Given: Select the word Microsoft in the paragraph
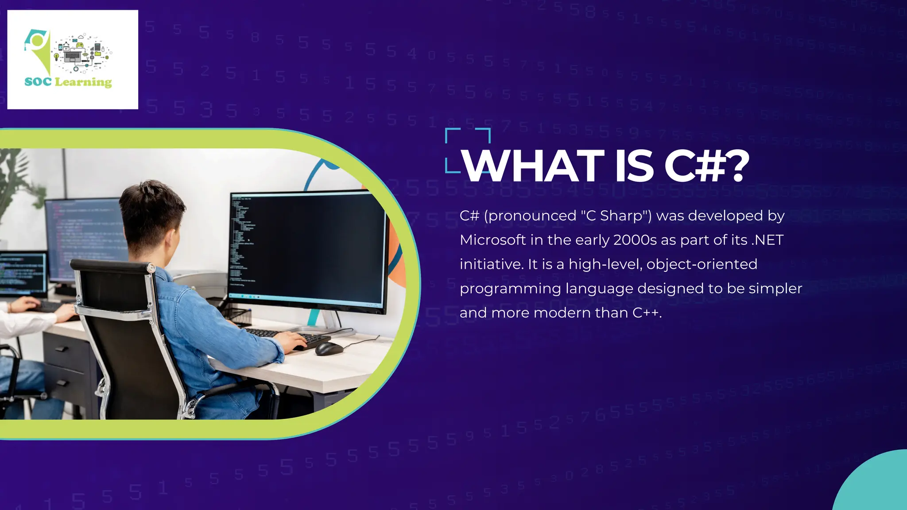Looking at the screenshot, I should point(493,240).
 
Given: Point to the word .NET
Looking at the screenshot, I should point(767,240).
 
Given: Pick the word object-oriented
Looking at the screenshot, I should point(702,264).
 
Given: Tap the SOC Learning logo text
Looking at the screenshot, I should point(68,82).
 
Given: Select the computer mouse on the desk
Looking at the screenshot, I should point(329,349).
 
